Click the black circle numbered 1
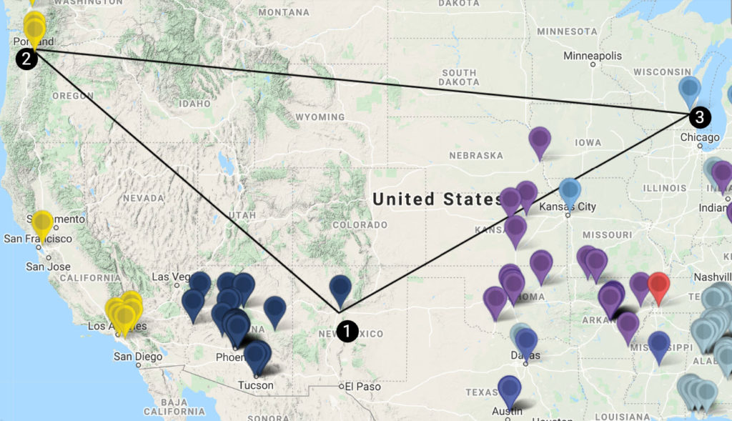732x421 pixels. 347,331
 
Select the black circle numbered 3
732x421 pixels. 700,117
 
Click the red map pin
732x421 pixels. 658,287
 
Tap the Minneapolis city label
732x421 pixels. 593,56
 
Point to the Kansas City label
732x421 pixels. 568,207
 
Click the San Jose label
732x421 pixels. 49,267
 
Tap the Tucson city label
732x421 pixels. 255,385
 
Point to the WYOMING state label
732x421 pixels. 320,117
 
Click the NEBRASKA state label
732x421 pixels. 475,155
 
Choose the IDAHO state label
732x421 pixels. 196,104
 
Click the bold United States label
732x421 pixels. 437,199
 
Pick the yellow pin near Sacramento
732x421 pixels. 42,224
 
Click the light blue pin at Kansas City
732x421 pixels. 570,191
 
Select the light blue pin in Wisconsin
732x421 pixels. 689,89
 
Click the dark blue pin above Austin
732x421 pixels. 509,389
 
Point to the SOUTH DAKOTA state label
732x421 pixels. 459,77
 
